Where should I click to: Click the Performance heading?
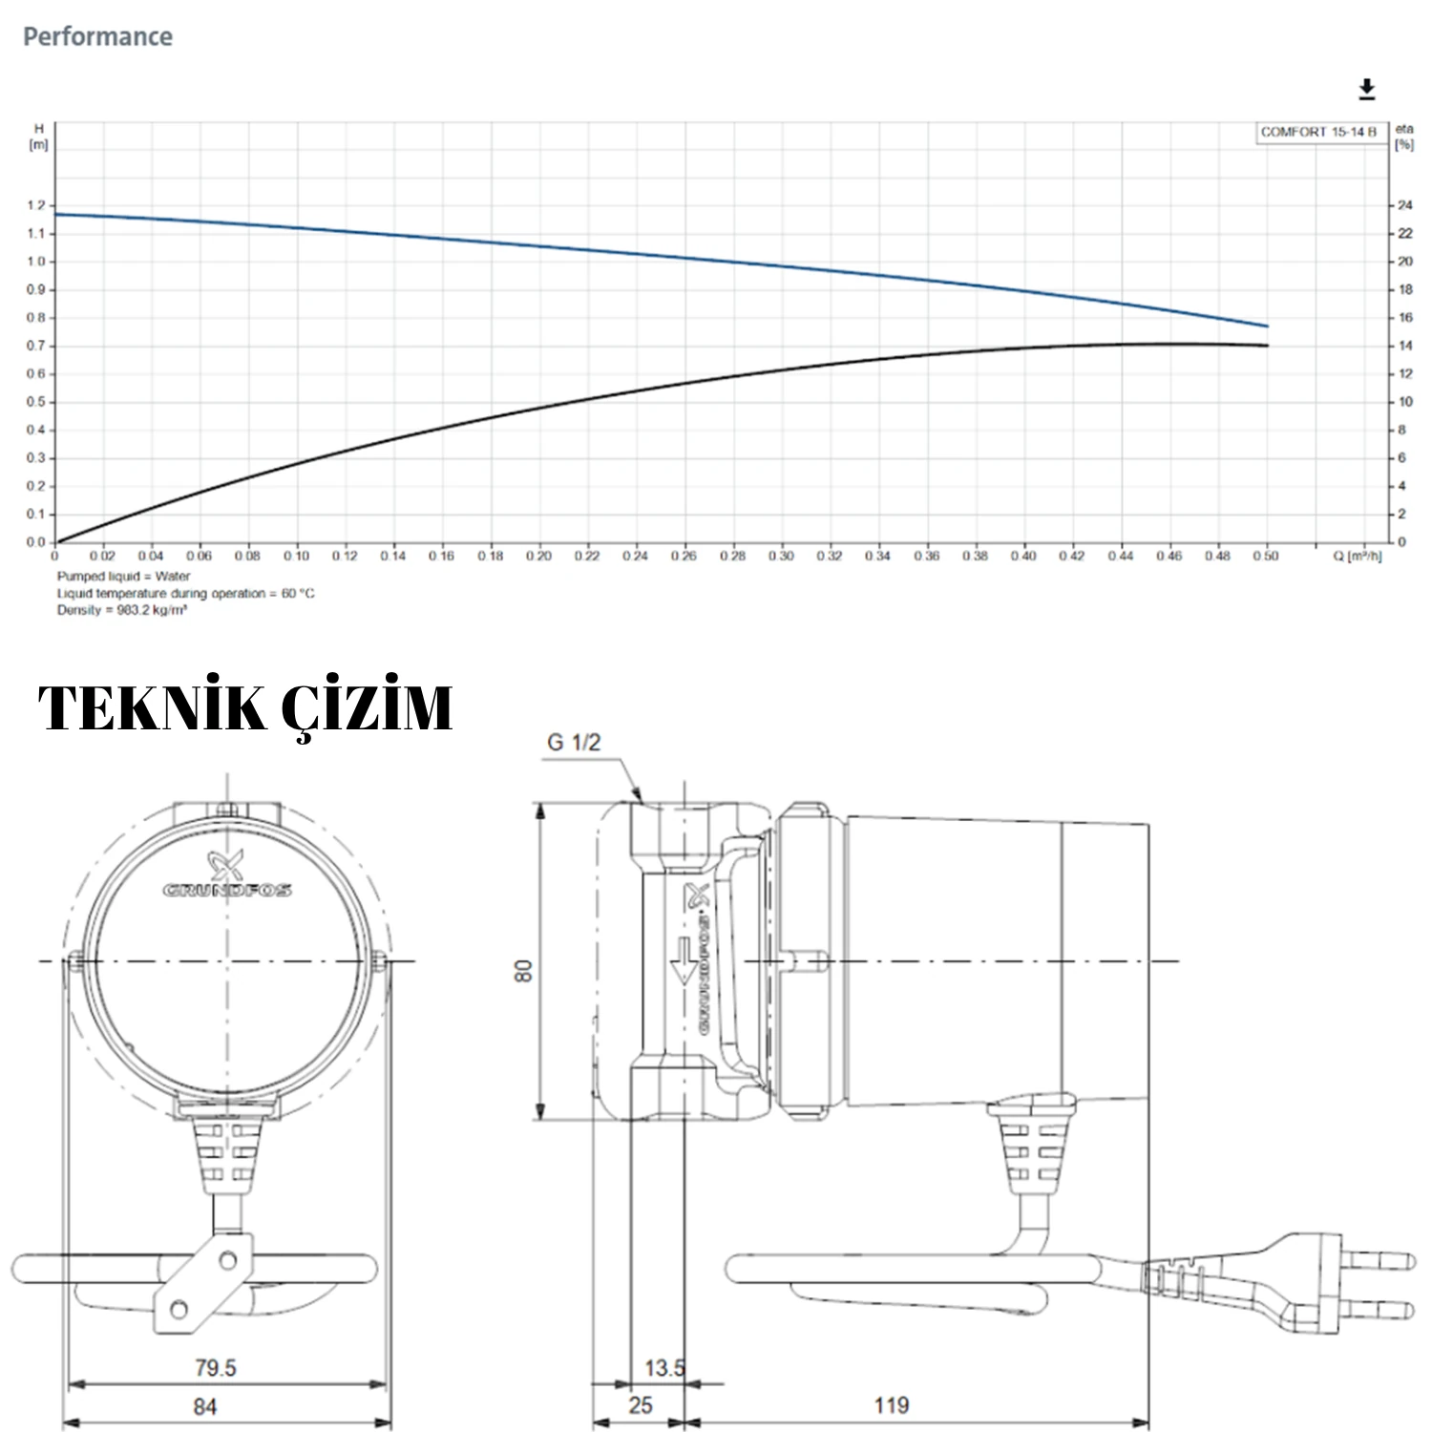pyautogui.click(x=97, y=37)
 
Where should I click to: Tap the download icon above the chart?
pyautogui.click(x=1366, y=90)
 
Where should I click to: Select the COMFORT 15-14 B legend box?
pyautogui.click(x=1317, y=133)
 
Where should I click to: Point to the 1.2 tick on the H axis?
pyautogui.click(x=36, y=205)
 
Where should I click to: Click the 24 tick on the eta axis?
pyautogui.click(x=1404, y=205)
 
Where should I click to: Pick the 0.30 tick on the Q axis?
pyautogui.click(x=780, y=556)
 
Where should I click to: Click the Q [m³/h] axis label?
pyautogui.click(x=1356, y=556)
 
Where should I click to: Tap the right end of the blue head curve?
pyautogui.click(x=1267, y=326)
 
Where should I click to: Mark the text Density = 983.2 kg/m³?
pyautogui.click(x=121, y=610)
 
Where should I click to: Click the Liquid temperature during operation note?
pyautogui.click(x=185, y=593)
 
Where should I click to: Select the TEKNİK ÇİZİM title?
pyautogui.click(x=244, y=708)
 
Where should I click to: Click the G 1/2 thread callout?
pyautogui.click(x=574, y=743)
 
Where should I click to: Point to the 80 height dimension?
pyautogui.click(x=523, y=971)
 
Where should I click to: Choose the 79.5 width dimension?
pyautogui.click(x=215, y=1367)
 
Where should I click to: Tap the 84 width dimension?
pyautogui.click(x=204, y=1406)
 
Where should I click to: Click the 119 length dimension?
pyautogui.click(x=891, y=1405)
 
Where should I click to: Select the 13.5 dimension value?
pyautogui.click(x=663, y=1367)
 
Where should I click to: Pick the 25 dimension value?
pyautogui.click(x=640, y=1405)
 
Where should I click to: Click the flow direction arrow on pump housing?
pyautogui.click(x=684, y=960)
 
